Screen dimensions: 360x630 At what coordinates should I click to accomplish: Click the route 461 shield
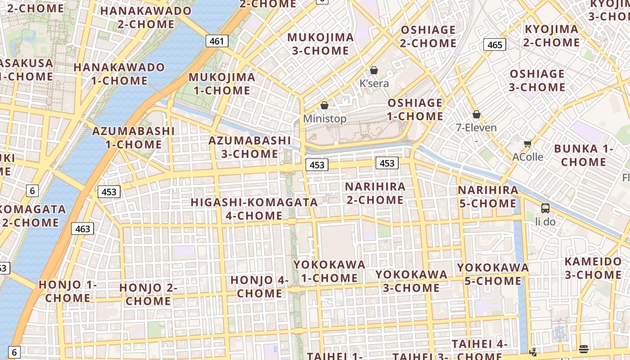pyautogui.click(x=216, y=41)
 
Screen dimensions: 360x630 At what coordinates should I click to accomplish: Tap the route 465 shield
pyautogui.click(x=495, y=45)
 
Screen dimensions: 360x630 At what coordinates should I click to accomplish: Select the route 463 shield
pyautogui.click(x=82, y=229)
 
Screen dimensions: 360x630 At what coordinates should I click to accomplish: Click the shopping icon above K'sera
pyautogui.click(x=373, y=70)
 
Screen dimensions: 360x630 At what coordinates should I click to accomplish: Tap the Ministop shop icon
pyautogui.click(x=324, y=105)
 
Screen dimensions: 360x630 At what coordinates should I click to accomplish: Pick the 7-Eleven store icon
pyautogui.click(x=477, y=115)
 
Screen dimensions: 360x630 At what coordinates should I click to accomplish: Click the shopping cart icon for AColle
pyautogui.click(x=527, y=144)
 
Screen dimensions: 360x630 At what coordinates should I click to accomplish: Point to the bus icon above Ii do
pyautogui.click(x=545, y=208)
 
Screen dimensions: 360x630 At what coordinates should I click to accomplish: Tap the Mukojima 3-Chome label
pyautogui.click(x=320, y=44)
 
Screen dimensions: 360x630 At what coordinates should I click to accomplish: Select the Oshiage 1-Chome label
pyautogui.click(x=415, y=109)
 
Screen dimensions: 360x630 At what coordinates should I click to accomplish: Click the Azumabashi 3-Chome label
pyautogui.click(x=250, y=147)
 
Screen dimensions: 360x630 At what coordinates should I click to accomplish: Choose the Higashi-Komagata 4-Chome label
pyautogui.click(x=254, y=209)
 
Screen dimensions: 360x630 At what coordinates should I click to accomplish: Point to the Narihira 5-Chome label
pyautogui.click(x=488, y=197)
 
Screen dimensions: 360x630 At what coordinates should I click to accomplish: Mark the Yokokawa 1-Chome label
pyautogui.click(x=329, y=271)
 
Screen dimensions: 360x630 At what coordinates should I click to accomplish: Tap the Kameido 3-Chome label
pyautogui.click(x=593, y=268)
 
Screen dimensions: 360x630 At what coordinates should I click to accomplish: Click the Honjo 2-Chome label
pyautogui.click(x=148, y=294)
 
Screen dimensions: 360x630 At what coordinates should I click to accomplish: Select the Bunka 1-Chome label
pyautogui.click(x=584, y=155)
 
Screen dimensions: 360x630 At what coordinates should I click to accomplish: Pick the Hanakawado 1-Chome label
pyautogui.click(x=119, y=74)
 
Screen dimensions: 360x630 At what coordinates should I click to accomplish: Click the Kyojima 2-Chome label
pyautogui.click(x=551, y=36)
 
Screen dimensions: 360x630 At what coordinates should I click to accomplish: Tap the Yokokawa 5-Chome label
pyautogui.click(x=493, y=274)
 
